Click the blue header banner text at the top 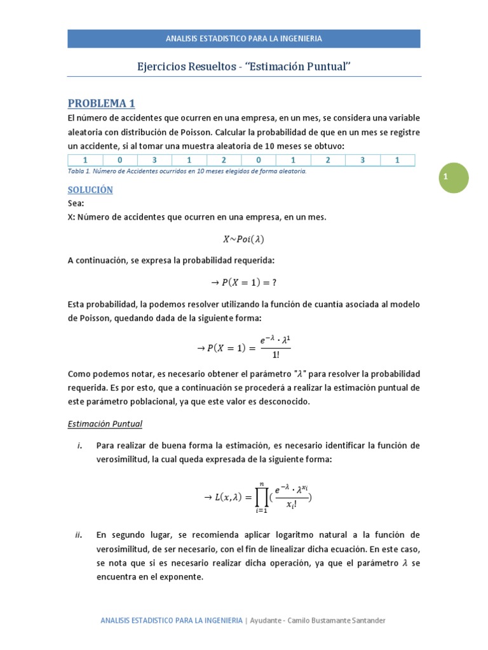point(244,38)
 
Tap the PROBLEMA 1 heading point(101,103)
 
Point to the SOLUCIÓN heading point(90,190)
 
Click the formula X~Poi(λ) point(243,239)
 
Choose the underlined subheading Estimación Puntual point(105,423)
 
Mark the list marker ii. point(79,535)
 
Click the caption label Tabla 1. point(78,171)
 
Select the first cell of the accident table point(85,161)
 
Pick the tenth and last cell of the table point(397,161)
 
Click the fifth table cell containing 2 point(224,161)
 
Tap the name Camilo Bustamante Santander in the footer point(336,620)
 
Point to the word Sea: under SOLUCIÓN point(76,204)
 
